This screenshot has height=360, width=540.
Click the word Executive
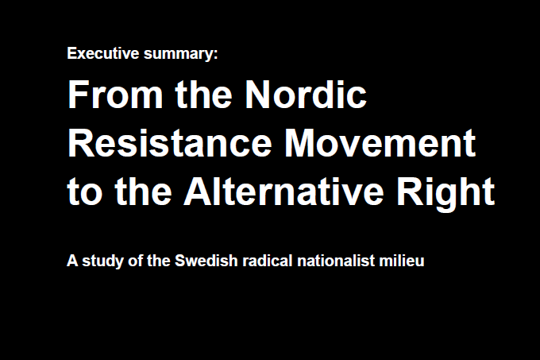click(x=103, y=53)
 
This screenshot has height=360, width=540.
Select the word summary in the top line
click(x=178, y=55)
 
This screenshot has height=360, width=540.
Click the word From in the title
click(x=115, y=95)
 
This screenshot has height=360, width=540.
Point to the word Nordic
click(x=306, y=94)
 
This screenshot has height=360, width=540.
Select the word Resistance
click(x=170, y=142)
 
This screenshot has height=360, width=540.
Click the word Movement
click(x=380, y=142)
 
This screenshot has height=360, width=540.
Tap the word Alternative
click(x=283, y=192)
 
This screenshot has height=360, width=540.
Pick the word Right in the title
click(x=446, y=194)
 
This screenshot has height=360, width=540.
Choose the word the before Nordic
click(x=204, y=94)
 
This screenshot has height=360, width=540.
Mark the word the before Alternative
click(x=143, y=192)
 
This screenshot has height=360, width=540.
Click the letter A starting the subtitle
click(x=72, y=261)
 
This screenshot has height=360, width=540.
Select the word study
click(x=102, y=261)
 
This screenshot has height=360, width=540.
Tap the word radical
click(x=268, y=261)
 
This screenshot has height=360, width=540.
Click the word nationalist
click(x=336, y=261)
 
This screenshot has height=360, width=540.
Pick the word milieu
click(x=402, y=261)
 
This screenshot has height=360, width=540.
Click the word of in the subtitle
click(x=135, y=261)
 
